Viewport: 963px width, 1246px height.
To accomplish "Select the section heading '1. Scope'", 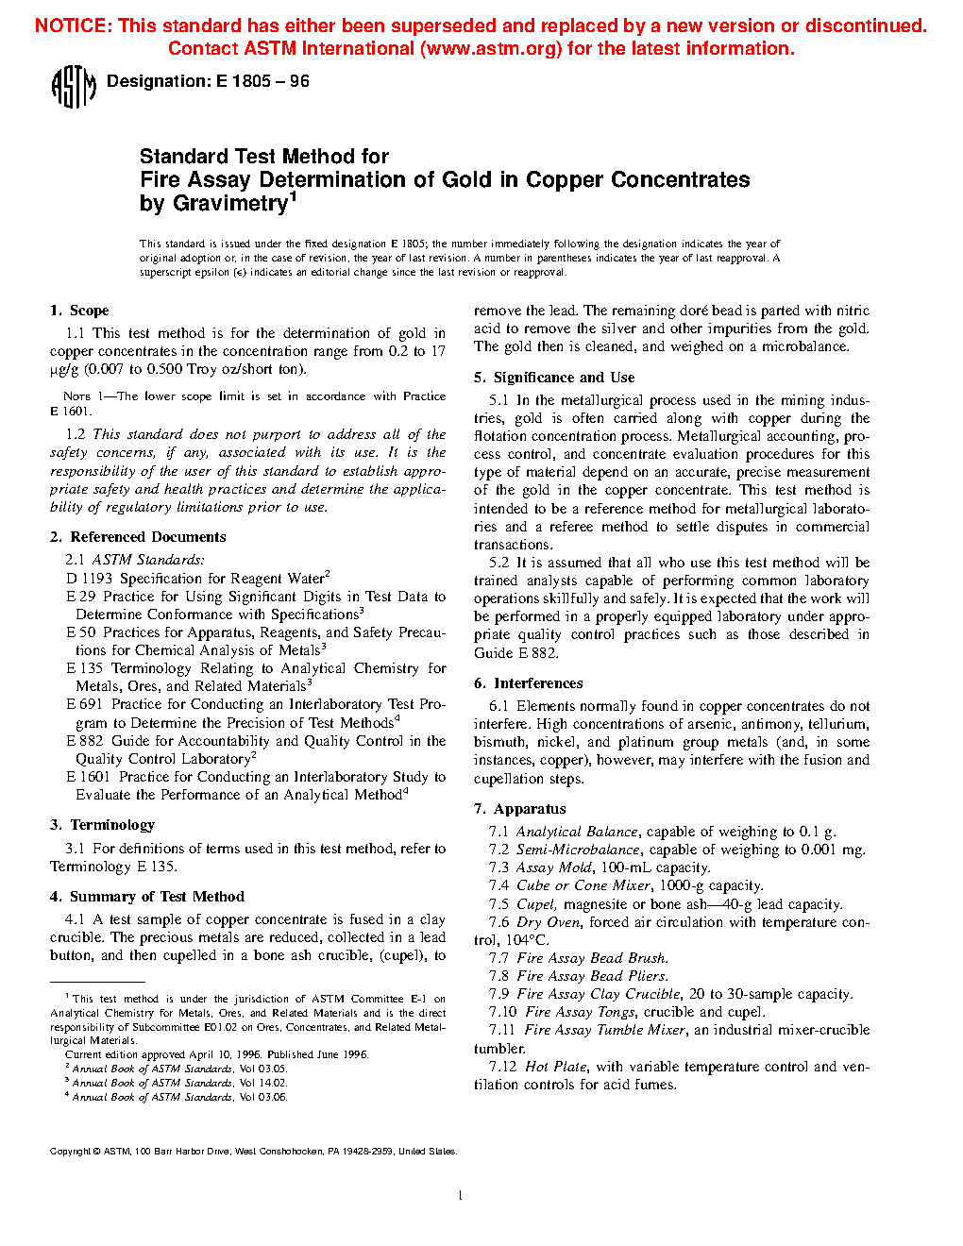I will click(79, 311).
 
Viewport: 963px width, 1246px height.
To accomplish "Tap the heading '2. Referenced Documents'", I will click(138, 537).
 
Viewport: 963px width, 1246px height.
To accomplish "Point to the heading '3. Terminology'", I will click(102, 825).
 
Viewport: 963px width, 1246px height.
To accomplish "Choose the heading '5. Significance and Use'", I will click(554, 378).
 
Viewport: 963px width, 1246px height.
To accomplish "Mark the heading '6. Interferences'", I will click(528, 683).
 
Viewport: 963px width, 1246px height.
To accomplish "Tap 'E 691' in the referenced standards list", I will click(84, 704).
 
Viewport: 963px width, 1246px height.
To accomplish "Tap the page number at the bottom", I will click(460, 1196).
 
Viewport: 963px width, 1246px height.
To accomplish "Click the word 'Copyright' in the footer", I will click(70, 1152).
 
